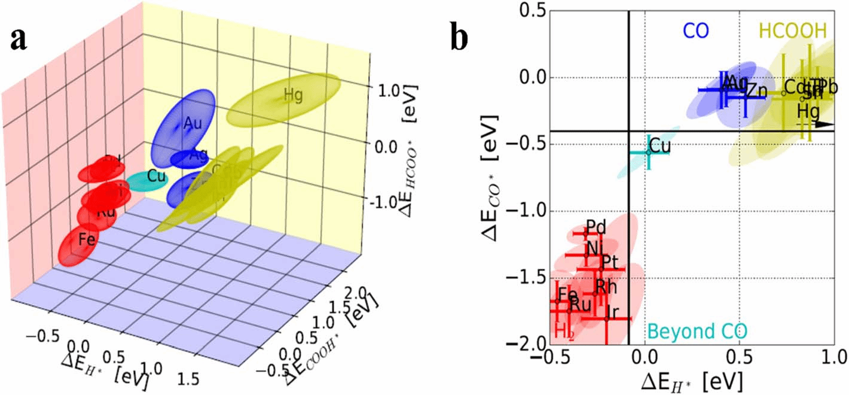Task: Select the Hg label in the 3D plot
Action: [x=293, y=95]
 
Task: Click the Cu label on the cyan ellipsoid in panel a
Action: [x=156, y=176]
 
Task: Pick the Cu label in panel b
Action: [x=659, y=145]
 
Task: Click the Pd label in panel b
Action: [x=596, y=227]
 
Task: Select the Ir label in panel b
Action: [x=612, y=311]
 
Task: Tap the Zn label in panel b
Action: [x=756, y=91]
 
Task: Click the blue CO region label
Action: [x=696, y=31]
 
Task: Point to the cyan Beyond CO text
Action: [x=698, y=331]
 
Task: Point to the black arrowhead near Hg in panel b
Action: [x=826, y=124]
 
